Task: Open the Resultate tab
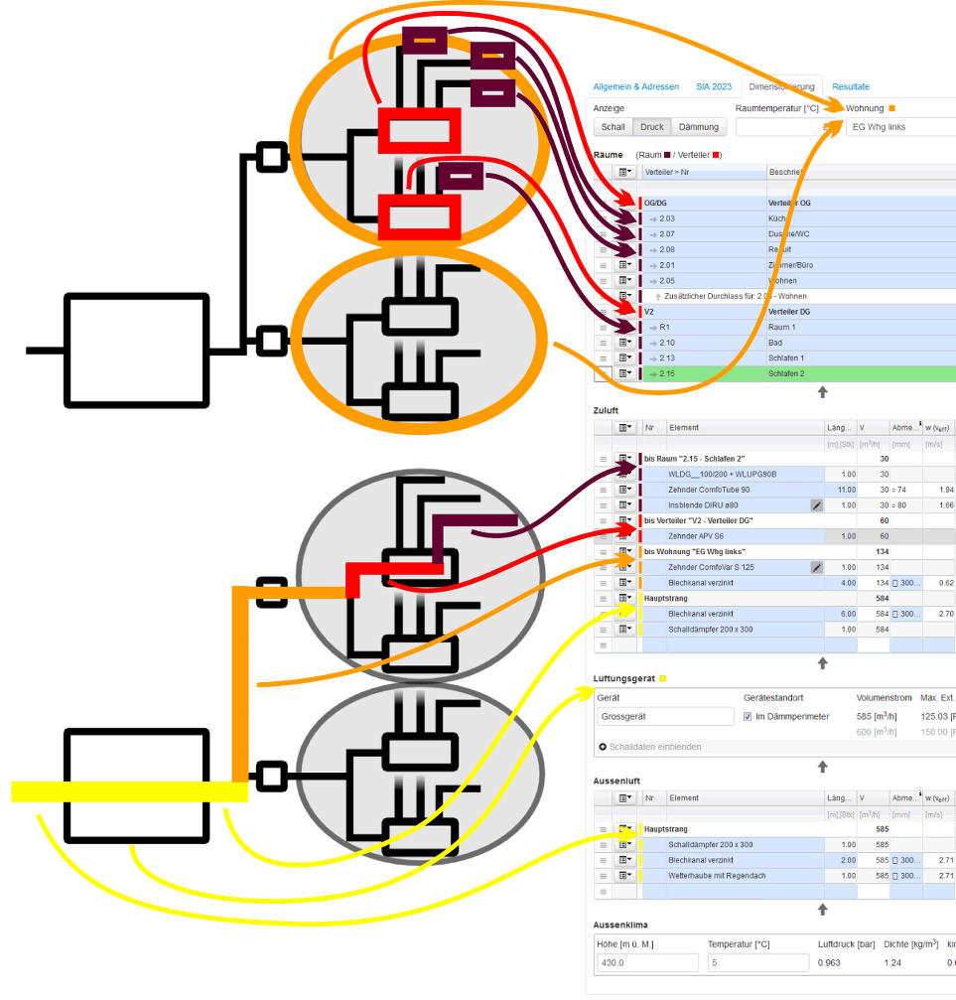(851, 86)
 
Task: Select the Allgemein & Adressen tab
(636, 86)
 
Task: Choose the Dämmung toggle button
(698, 127)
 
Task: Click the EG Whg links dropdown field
(899, 127)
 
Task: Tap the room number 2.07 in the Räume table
(667, 234)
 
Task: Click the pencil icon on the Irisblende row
(816, 505)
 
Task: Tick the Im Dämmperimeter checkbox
(748, 716)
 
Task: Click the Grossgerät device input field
(665, 716)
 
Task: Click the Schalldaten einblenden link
(651, 747)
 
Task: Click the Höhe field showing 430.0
(647, 963)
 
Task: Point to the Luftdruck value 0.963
(830, 963)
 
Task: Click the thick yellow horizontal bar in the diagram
(129, 791)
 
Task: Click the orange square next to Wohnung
(891, 107)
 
